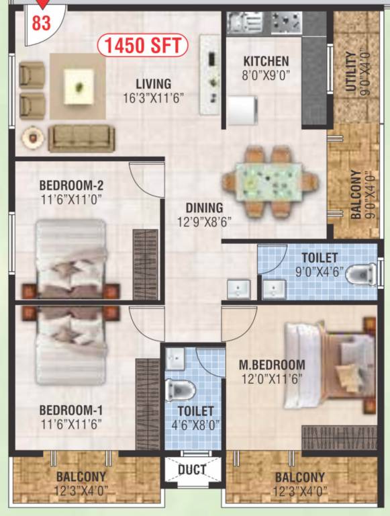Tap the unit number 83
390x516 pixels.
pos(42,23)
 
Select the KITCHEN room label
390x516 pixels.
pos(266,61)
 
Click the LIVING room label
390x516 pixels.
pos(153,83)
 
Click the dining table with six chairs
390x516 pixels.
pos(269,181)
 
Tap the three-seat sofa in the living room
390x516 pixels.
pos(77,138)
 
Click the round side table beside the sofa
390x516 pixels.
pos(31,138)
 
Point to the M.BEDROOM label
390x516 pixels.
pos(272,365)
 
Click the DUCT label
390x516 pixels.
pos(192,470)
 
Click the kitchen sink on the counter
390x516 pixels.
pos(239,23)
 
